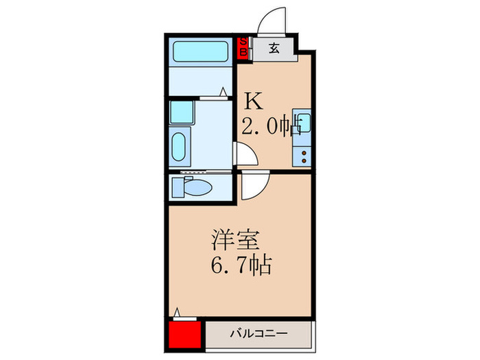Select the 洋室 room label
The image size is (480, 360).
[230, 241]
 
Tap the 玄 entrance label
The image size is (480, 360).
[274, 48]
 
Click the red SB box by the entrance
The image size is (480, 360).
[243, 49]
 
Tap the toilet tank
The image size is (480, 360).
[177, 187]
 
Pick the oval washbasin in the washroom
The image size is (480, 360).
[178, 147]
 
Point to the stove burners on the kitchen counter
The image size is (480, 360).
[302, 154]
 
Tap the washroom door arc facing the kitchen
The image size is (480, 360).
[245, 156]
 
